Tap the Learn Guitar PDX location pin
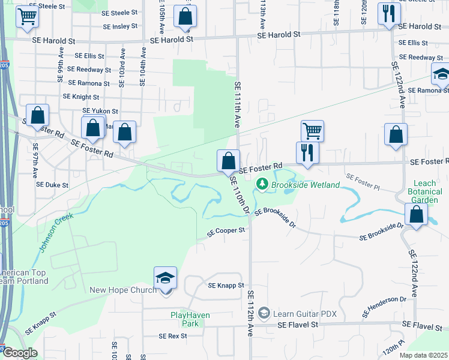click(x=265, y=313)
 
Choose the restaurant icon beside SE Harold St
click(x=389, y=13)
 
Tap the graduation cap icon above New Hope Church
click(x=165, y=278)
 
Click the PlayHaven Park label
click(x=184, y=319)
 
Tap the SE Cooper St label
click(x=226, y=230)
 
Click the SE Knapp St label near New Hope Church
click(x=225, y=286)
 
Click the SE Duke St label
click(x=53, y=185)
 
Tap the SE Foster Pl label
click(x=363, y=178)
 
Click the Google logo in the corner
click(x=19, y=353)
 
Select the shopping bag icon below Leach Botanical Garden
click(x=416, y=215)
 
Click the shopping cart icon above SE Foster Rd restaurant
click(x=312, y=130)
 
